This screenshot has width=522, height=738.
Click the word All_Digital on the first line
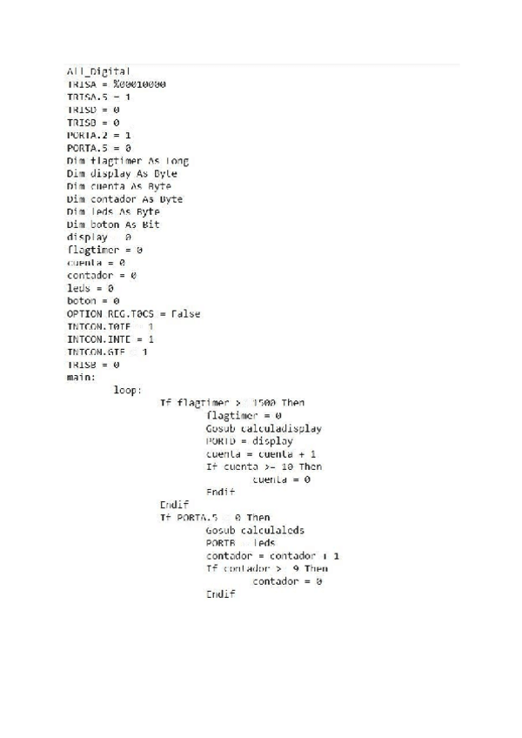point(99,71)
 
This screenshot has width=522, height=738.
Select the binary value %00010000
point(139,84)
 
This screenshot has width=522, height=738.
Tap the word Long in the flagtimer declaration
point(174,161)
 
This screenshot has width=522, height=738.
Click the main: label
point(81,377)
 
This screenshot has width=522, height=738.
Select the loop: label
point(128,390)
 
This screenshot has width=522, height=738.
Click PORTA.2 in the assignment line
point(87,136)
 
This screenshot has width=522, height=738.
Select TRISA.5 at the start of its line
point(87,97)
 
